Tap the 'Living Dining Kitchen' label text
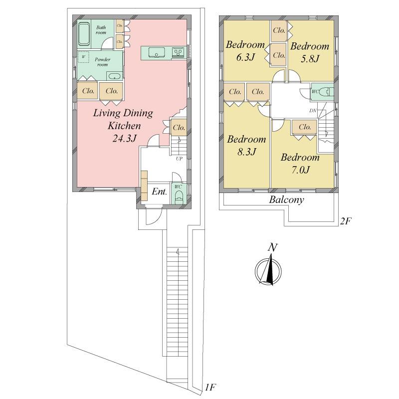[124, 120]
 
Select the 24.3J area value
[124, 139]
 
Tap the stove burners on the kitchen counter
[178, 52]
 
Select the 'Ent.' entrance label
[159, 192]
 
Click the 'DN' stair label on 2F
[313, 110]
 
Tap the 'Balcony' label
[287, 200]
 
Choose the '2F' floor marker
[346, 220]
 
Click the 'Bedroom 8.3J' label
[245, 145]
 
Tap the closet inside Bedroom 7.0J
[305, 127]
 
